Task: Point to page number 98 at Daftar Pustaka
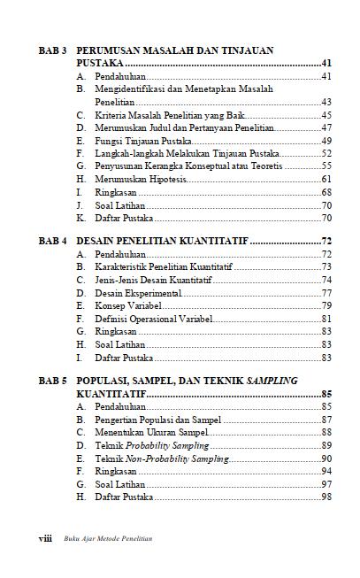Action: coord(326,497)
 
